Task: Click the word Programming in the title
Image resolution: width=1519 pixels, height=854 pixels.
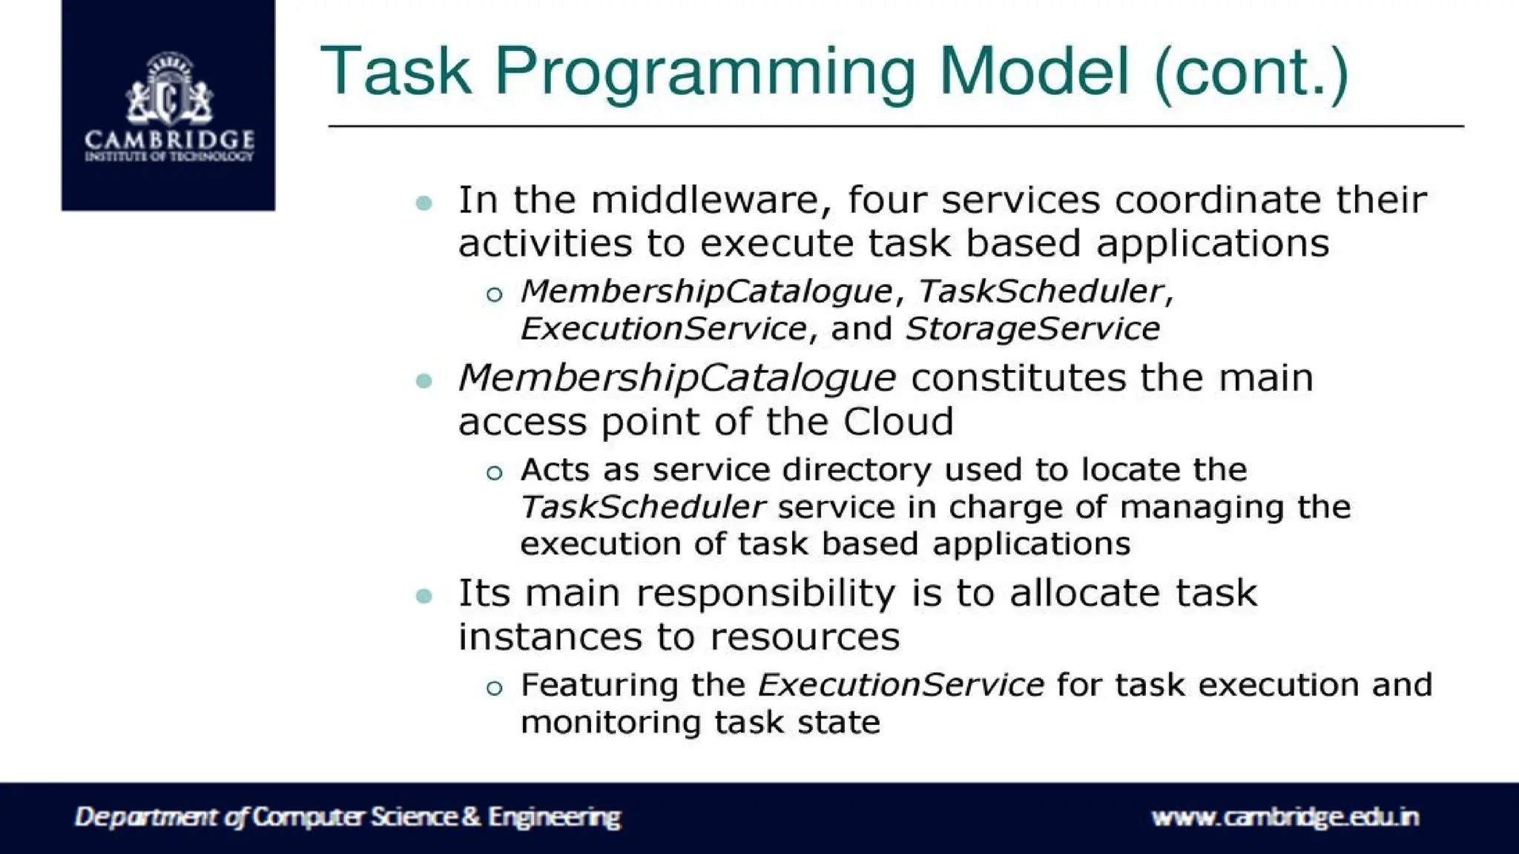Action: [708, 73]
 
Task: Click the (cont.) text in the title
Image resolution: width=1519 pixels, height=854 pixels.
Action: [1251, 73]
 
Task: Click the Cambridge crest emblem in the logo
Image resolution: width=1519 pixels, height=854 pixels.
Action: [169, 89]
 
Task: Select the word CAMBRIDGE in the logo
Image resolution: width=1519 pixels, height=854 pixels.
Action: [169, 139]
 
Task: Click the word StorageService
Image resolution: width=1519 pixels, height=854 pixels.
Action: [1032, 328]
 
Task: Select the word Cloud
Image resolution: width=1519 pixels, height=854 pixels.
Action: [897, 422]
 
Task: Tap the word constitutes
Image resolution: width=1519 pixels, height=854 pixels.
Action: [1017, 378]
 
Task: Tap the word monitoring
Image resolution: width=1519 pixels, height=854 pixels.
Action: [610, 722]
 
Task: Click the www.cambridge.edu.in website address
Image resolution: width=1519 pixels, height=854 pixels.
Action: [1285, 817]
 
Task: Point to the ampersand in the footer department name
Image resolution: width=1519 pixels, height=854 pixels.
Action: [471, 817]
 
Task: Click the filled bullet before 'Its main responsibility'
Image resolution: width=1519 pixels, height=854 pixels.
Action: [424, 595]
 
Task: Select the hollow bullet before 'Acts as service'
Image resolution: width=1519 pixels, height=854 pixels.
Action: [495, 473]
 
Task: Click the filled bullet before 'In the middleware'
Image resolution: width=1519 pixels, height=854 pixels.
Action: [424, 202]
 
